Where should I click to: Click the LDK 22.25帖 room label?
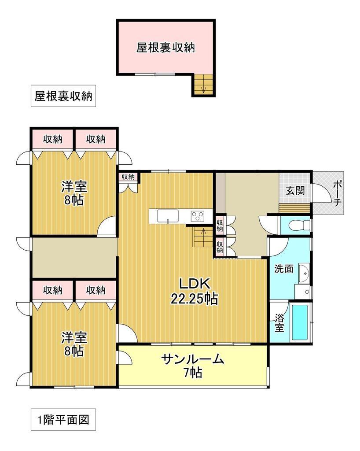[x=194, y=291]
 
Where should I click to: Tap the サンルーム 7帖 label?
[x=193, y=366]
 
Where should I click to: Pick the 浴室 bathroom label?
[x=279, y=324]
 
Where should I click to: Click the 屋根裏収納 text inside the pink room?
[x=165, y=48]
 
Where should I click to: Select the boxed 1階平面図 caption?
[x=63, y=419]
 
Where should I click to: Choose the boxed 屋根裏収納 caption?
[x=63, y=96]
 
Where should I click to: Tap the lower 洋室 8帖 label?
[x=73, y=344]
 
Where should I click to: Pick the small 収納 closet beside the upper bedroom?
[x=128, y=177]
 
